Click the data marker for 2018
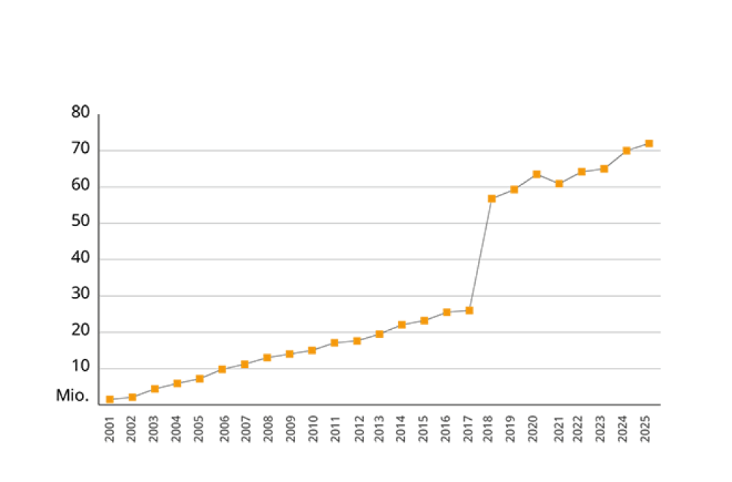coord(491,198)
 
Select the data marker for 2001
coord(110,399)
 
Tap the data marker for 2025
coord(649,143)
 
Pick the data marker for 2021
coord(559,184)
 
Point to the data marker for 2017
coord(468,310)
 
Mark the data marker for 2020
coord(537,173)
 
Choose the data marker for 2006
coord(222,369)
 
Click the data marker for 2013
coord(379,334)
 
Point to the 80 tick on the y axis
coord(81,113)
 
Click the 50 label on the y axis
coord(81,222)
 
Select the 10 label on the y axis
coord(81,367)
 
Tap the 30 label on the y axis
coord(81,294)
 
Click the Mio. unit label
coord(73,396)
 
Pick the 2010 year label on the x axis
coord(313,429)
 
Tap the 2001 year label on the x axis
coord(110,429)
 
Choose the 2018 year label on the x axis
coord(488,429)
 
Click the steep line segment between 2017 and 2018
coord(480,254)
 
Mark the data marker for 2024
coord(627,151)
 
